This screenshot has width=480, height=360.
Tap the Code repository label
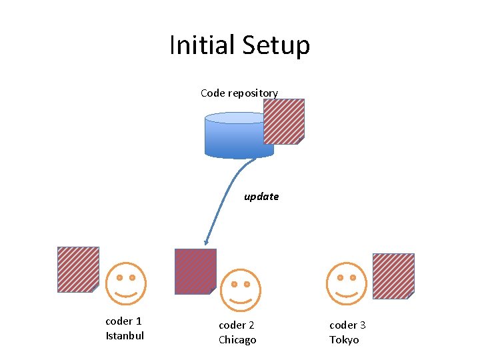239,93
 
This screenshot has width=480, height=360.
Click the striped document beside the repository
284,121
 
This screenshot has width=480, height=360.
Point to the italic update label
261,197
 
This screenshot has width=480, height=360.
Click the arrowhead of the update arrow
206,243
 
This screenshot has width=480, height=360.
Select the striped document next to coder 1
78,269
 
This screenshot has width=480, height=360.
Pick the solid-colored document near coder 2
195,271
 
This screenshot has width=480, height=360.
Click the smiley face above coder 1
125,284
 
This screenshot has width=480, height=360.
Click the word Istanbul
125,335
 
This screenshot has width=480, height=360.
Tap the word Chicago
237,340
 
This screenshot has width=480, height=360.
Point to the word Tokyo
344,340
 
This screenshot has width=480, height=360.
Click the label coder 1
123,321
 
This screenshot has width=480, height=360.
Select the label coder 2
237,325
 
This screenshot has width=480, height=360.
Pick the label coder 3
347,325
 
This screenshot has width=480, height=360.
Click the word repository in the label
253,93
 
